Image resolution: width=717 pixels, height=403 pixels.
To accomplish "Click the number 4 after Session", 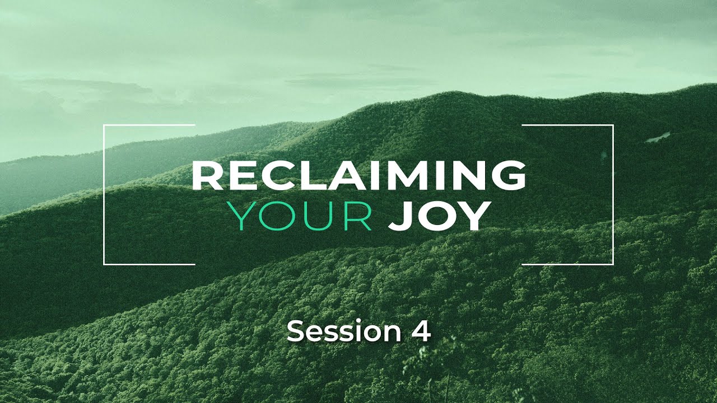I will click(421, 331).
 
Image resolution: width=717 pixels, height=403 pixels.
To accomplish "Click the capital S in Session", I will click(295, 331).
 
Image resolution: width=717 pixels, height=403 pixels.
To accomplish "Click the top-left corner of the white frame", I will click(105, 126).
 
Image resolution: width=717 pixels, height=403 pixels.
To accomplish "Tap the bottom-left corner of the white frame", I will click(105, 264).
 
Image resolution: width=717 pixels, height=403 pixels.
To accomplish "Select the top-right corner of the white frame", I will click(613, 126).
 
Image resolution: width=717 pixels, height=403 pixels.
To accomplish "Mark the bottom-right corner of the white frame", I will click(613, 264).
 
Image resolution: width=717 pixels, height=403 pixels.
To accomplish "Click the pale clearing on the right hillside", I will click(658, 137).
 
